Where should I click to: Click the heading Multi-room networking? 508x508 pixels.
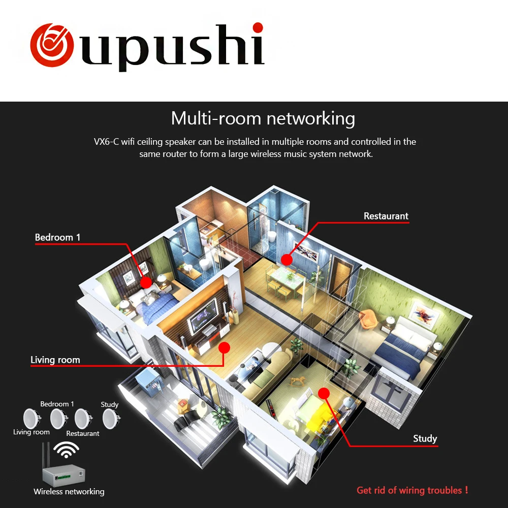(x=263, y=118)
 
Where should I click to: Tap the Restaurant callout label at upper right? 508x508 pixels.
(x=386, y=216)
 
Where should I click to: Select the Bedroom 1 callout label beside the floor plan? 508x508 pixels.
(x=57, y=237)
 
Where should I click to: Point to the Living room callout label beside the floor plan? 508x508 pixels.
(x=55, y=360)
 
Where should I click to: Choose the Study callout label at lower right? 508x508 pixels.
(x=425, y=438)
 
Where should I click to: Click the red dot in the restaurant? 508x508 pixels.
(x=287, y=260)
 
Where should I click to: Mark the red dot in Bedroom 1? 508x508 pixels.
(x=146, y=282)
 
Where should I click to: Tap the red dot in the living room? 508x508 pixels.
(x=224, y=348)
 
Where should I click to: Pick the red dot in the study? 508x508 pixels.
(x=324, y=393)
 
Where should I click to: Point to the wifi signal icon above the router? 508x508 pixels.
(x=67, y=449)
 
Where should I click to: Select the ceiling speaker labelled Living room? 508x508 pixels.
(x=31, y=418)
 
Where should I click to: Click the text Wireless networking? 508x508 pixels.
(x=69, y=492)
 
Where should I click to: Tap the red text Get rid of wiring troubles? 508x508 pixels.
(x=412, y=490)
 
